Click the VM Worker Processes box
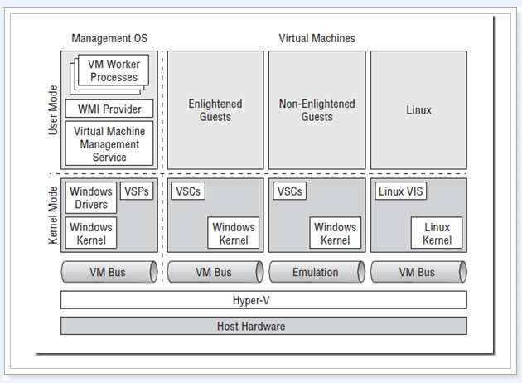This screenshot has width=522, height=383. pyautogui.click(x=114, y=70)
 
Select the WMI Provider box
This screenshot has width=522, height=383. pyautogui.click(x=109, y=109)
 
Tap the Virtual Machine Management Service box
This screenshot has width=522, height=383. pyautogui.click(x=109, y=143)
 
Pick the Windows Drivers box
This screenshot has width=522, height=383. pyautogui.click(x=91, y=197)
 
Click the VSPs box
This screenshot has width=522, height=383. pyautogui.click(x=137, y=191)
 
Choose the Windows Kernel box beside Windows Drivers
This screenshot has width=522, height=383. pyautogui.click(x=91, y=233)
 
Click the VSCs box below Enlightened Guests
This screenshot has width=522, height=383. pyautogui.click(x=188, y=191)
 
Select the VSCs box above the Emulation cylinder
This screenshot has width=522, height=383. pyautogui.click(x=290, y=191)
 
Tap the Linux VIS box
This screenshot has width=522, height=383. pyautogui.click(x=400, y=191)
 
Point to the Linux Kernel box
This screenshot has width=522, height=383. pyautogui.click(x=437, y=233)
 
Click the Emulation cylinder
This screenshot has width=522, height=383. pyautogui.click(x=317, y=272)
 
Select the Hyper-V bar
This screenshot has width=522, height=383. pyautogui.click(x=263, y=300)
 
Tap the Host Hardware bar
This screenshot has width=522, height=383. pyautogui.click(x=263, y=326)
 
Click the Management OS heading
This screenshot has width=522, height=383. pyautogui.click(x=109, y=38)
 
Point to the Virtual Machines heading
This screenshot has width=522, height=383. pyautogui.click(x=317, y=38)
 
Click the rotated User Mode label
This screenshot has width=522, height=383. pyautogui.click(x=53, y=110)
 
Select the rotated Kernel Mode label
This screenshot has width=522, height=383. pyautogui.click(x=53, y=216)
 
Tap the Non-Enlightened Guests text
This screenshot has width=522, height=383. pyautogui.click(x=317, y=110)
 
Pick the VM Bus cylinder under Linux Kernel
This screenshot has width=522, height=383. pyautogui.click(x=418, y=272)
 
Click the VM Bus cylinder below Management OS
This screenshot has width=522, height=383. pyautogui.click(x=109, y=272)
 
